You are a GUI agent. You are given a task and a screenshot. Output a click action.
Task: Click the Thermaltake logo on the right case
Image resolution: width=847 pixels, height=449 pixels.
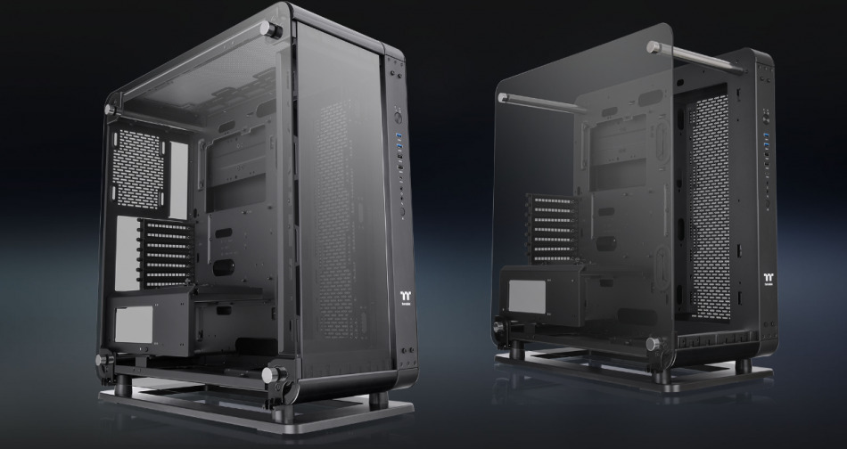click(768, 277)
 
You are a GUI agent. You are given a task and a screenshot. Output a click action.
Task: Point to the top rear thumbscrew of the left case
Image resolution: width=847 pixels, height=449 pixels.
click(111, 110)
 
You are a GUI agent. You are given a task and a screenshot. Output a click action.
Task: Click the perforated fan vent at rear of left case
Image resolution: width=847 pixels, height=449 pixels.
click(139, 158)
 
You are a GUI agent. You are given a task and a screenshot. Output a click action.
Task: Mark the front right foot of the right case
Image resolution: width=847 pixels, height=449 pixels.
click(743, 366)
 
